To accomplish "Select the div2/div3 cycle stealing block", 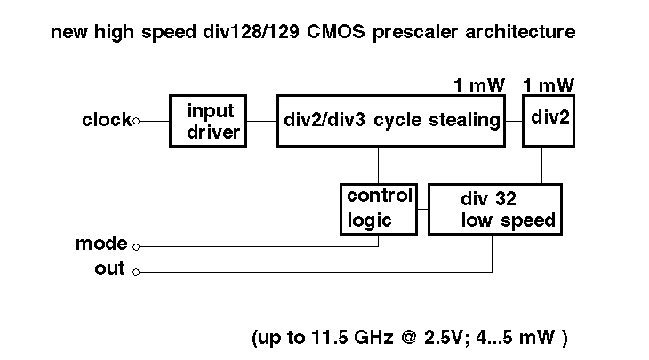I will [390, 121].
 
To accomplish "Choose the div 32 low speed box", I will [495, 209].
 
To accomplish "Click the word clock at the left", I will [106, 120].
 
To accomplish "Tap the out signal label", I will [109, 269].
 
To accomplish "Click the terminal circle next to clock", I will [135, 121].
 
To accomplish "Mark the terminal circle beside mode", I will [135, 246].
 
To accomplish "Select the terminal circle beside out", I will [135, 272].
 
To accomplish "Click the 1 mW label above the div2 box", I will [549, 85].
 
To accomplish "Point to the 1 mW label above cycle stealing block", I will [478, 85].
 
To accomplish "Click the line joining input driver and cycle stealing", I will [261, 121].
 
